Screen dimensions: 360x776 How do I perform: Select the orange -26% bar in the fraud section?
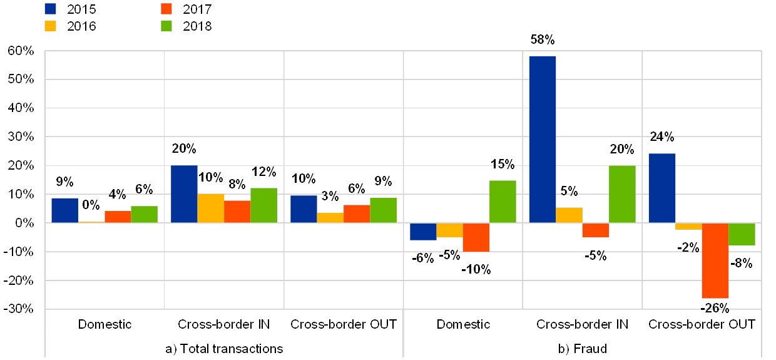click(715, 260)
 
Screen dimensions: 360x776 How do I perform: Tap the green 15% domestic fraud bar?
click(503, 201)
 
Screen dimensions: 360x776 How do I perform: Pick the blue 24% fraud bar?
click(662, 188)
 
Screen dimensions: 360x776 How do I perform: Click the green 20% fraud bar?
click(622, 194)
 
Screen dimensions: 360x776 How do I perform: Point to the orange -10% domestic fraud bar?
click(476, 237)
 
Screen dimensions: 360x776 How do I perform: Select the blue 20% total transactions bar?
click(184, 193)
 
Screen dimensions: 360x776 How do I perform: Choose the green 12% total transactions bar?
click(263, 205)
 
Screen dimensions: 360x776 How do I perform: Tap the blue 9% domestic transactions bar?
click(64, 210)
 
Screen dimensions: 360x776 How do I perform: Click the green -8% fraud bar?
click(742, 234)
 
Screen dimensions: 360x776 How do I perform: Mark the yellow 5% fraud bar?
click(569, 215)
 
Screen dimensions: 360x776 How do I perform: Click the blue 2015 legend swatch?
click(51, 9)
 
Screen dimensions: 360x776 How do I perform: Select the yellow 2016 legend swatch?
click(51, 26)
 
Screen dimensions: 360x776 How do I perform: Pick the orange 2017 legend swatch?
click(166, 9)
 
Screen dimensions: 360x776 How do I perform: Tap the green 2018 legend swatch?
click(166, 26)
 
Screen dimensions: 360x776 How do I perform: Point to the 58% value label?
click(542, 39)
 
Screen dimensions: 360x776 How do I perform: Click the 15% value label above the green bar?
click(503, 164)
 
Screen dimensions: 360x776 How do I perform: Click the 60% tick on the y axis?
click(21, 51)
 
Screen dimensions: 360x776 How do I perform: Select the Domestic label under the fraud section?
click(463, 324)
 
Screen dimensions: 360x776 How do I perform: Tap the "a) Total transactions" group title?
click(224, 349)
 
